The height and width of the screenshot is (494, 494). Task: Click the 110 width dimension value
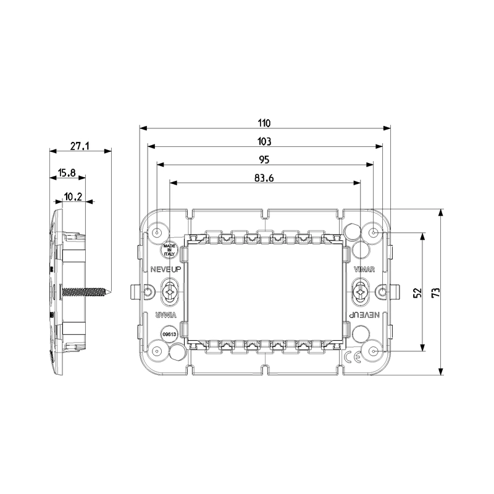(265, 122)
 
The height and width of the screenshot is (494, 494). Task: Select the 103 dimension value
(265, 141)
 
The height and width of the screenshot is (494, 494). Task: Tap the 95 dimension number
(264, 159)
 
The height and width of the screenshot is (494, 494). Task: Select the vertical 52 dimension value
(417, 292)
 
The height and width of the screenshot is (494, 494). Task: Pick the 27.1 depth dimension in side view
(80, 146)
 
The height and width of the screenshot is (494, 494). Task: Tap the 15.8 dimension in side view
(67, 173)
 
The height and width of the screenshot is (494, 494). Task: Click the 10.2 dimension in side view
(73, 197)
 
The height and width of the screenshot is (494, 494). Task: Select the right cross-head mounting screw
(361, 291)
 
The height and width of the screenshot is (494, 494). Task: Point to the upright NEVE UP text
(164, 269)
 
